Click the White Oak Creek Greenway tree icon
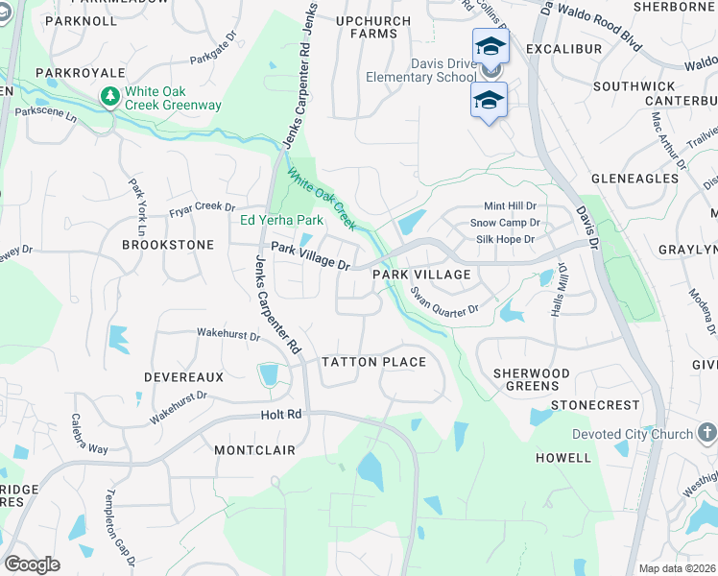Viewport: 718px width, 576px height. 110,97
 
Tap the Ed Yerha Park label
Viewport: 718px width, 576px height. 281,220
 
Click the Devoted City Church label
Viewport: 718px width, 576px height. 633,434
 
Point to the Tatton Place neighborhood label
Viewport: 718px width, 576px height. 373,362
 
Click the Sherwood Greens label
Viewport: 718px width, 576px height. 531,379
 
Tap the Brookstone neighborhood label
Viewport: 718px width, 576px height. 168,245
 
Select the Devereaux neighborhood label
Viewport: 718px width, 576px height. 183,378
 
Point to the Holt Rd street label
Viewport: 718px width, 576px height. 281,415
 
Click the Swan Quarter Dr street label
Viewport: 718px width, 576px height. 443,301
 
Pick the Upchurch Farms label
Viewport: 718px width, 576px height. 367,26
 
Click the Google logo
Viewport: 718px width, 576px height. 32,564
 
